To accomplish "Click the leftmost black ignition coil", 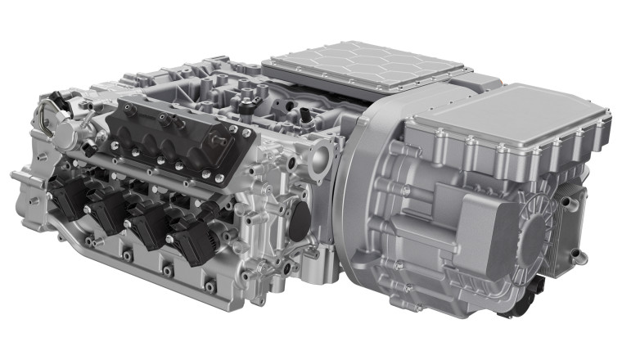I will click(67, 197).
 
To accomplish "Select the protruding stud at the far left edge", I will click(16, 174).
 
